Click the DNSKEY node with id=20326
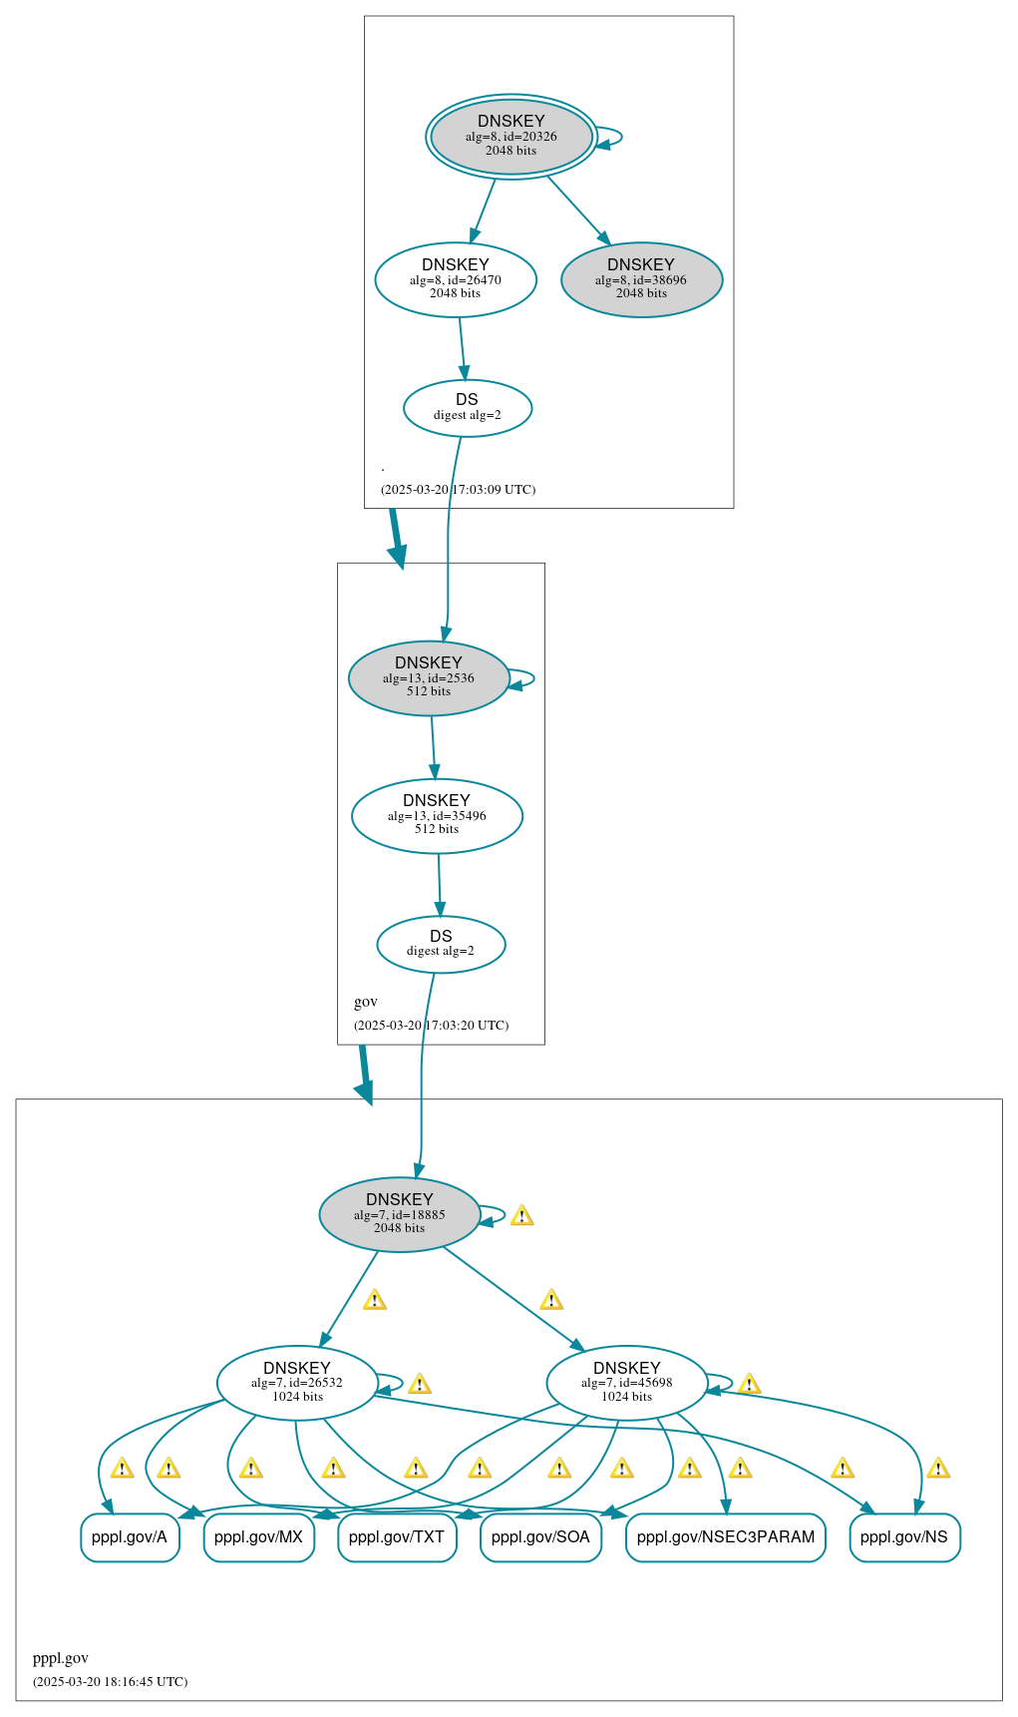510,137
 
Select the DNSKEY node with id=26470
456,279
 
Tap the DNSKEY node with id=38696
641,279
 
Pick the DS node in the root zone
467,407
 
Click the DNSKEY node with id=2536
429,677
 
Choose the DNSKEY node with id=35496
437,815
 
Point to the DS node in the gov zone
441,943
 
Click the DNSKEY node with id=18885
399,1214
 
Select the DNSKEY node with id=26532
297,1383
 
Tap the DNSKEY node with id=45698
626,1383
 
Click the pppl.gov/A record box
130,1537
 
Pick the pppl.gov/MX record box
258,1537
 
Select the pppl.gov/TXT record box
397,1537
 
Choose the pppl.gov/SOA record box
540,1537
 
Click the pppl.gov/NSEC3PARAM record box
725,1537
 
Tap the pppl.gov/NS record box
904,1537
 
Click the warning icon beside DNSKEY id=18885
521,1215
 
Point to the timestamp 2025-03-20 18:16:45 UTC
110,1681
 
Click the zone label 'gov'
366,1002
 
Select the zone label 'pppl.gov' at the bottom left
61,1658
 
